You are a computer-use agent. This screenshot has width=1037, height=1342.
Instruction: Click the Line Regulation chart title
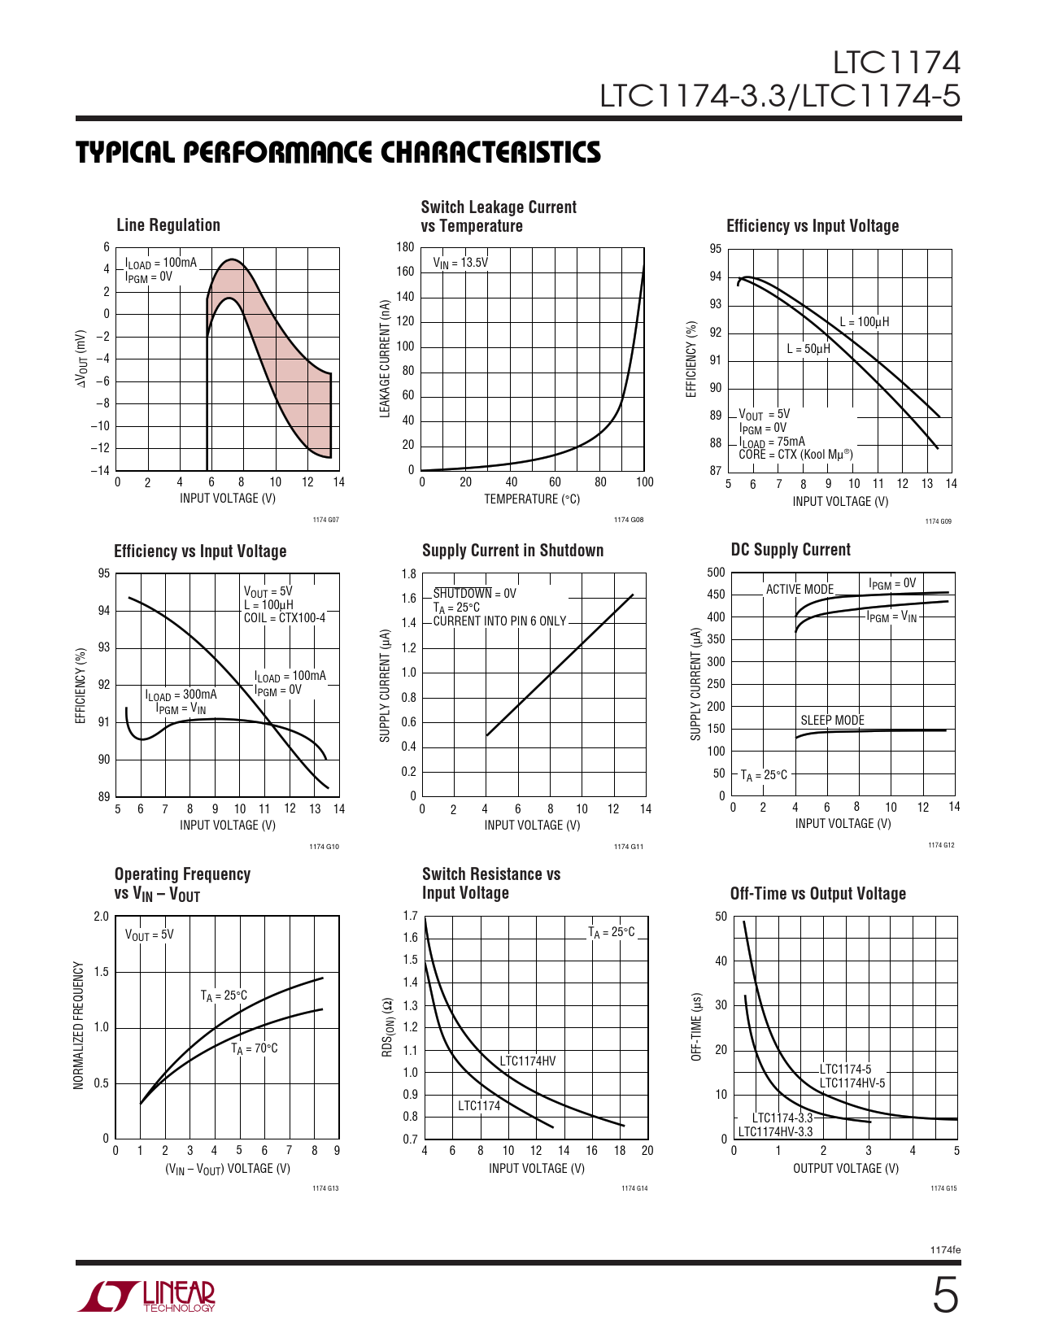(x=168, y=225)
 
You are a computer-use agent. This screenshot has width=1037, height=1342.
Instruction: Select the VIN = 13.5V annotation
(x=460, y=263)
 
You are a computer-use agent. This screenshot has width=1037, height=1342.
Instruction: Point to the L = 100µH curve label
(x=865, y=322)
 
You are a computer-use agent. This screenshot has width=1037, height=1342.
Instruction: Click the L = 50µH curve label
(x=808, y=349)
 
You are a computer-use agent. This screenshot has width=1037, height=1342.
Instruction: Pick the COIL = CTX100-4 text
(x=285, y=618)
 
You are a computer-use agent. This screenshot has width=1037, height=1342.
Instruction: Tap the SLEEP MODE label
(x=832, y=720)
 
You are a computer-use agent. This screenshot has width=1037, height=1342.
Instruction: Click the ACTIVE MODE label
(x=800, y=589)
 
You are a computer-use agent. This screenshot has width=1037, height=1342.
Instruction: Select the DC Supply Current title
(x=791, y=550)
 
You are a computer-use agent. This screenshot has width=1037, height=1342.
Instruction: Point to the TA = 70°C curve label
(x=255, y=1048)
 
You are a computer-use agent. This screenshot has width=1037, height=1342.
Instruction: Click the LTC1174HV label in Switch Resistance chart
(x=528, y=1061)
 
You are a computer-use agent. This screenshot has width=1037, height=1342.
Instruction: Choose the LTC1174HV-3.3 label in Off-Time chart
(x=775, y=1131)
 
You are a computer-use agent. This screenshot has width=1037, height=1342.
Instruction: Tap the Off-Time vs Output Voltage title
(x=817, y=894)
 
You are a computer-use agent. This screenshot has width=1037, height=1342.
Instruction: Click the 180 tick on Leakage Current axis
(x=405, y=247)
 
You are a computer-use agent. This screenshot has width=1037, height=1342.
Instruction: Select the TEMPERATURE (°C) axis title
(x=532, y=499)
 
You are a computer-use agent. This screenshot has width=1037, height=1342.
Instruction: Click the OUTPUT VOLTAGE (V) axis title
(x=846, y=1168)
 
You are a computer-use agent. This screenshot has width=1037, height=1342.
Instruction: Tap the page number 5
(x=945, y=1295)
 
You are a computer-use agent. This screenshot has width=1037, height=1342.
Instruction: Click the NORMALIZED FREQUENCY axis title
(x=79, y=1026)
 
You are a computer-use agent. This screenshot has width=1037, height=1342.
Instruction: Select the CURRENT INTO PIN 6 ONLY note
(x=499, y=621)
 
